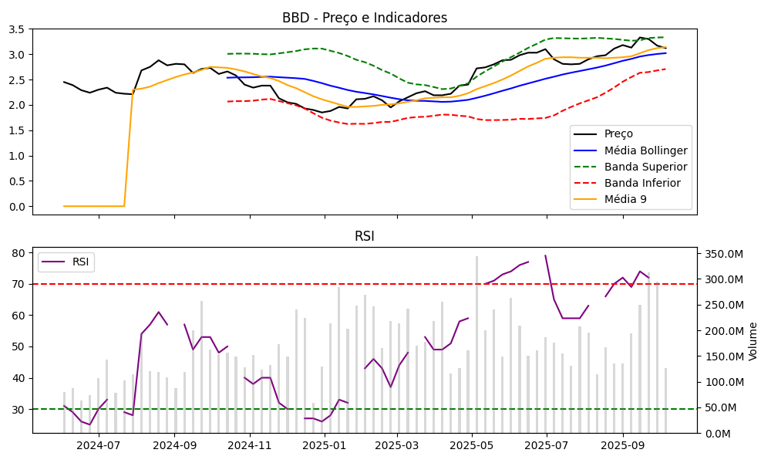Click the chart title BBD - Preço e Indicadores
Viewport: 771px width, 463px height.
365,18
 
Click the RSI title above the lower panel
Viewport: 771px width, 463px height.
365,236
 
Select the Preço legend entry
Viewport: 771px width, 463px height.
618,133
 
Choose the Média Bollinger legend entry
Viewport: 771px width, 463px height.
645,150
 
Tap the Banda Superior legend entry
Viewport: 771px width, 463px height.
645,167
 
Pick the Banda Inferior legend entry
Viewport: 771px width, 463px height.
642,183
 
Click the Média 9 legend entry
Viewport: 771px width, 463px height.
625,200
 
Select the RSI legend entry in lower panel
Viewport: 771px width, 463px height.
80,262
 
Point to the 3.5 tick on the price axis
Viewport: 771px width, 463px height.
18,29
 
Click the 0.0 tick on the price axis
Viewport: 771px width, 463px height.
18,206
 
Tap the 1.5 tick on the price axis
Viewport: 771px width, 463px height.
18,130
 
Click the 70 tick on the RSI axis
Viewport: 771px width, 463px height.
20,284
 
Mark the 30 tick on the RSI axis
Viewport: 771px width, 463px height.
20,409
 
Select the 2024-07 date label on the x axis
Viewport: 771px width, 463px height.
99,445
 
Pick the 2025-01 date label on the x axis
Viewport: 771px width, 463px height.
325,445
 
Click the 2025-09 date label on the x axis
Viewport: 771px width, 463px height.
622,445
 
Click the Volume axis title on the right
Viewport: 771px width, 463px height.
753,341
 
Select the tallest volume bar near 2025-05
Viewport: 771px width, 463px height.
476,344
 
